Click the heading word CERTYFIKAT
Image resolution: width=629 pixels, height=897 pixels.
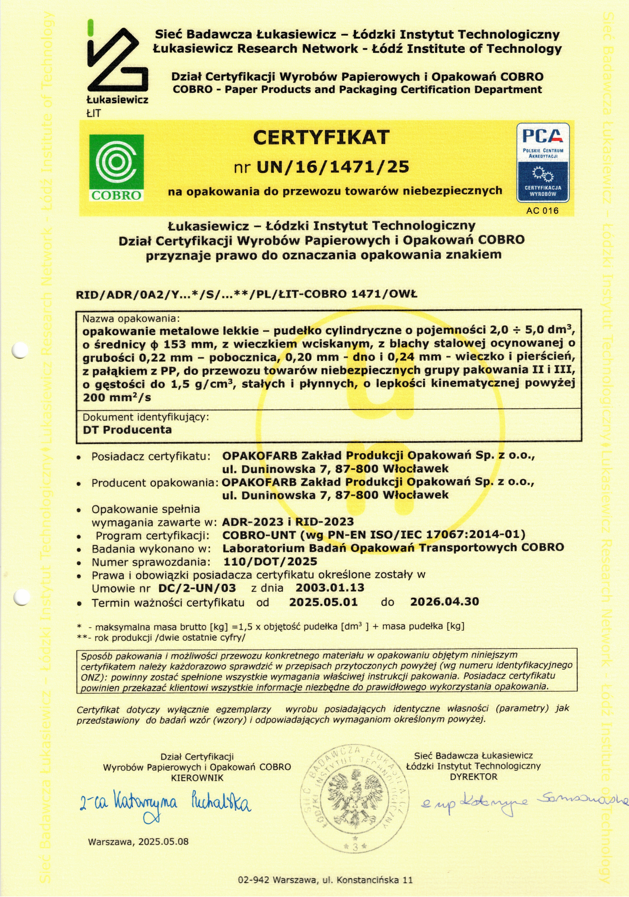pos(321,137)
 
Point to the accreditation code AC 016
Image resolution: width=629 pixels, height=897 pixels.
pos(542,211)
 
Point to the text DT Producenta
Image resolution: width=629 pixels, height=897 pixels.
pos(127,430)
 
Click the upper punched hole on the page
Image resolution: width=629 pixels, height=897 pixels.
pos(20,350)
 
